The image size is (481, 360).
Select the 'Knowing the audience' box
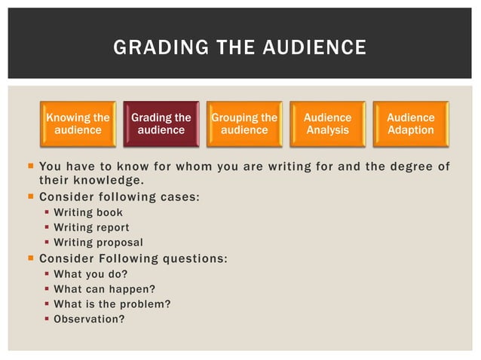point(78,124)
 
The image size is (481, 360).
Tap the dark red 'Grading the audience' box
point(161,124)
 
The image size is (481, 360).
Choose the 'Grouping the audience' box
point(244,124)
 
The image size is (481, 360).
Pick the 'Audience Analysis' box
point(327,124)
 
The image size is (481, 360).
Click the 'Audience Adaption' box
point(411,124)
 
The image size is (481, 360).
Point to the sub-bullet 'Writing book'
point(88,212)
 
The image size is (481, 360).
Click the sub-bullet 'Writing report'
point(91,227)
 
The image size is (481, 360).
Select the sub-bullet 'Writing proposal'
point(98,243)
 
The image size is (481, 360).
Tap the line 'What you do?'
point(90,274)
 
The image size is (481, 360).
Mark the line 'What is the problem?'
point(112,304)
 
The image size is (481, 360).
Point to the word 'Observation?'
point(89,319)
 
